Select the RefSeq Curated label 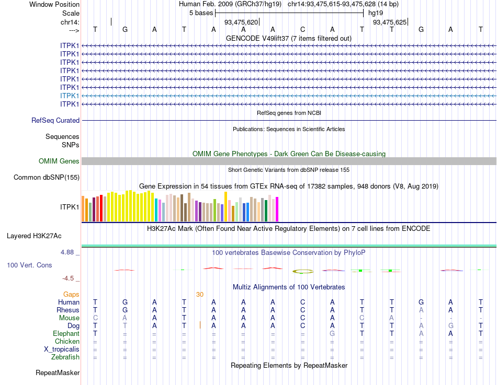[55, 121]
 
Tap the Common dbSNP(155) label [46, 178]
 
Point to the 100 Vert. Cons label [29, 265]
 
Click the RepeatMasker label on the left [58, 373]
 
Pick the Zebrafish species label [65, 357]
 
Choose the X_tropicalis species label [62, 349]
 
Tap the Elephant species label [66, 334]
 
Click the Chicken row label [67, 342]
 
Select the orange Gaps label [71, 295]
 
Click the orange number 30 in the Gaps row [200, 295]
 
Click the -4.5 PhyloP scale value [69, 278]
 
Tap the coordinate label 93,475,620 [241, 22]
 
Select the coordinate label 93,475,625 [389, 22]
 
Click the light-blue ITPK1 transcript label [70, 96]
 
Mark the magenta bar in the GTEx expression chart [277, 209]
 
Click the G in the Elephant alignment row [332, 334]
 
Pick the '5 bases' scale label [201, 13]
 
